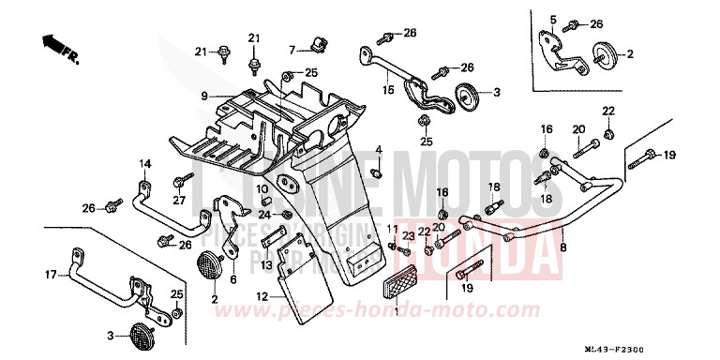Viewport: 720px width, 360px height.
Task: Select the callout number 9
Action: pos(203,96)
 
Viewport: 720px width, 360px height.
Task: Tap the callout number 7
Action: pos(292,49)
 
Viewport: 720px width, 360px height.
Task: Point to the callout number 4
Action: pos(379,150)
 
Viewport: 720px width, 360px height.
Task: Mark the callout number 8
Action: pos(562,247)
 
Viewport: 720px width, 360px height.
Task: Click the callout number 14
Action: pos(145,164)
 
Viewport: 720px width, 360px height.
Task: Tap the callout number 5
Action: pos(553,20)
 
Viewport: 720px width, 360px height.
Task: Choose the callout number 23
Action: pos(407,236)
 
